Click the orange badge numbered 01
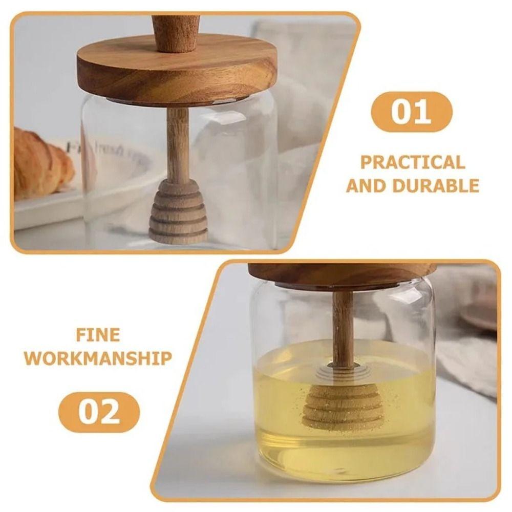tap(412, 112)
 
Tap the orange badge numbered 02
tap(99, 412)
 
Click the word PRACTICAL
tap(413, 163)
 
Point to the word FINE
tap(98, 335)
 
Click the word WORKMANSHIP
tap(98, 358)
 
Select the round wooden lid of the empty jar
tap(177, 72)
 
